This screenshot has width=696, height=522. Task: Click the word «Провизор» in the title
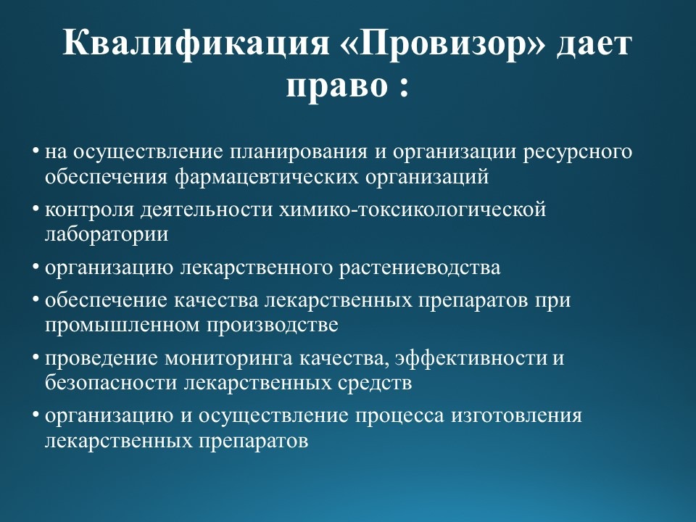443,44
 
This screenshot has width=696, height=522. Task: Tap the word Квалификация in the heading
196,44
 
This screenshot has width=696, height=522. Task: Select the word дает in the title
594,44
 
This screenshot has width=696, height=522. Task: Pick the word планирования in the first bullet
299,152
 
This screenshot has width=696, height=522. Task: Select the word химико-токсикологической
413,209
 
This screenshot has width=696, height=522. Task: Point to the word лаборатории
107,235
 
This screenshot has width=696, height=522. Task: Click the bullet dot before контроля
35,208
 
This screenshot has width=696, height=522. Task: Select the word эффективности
471,357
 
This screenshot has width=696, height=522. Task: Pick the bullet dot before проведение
35,357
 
